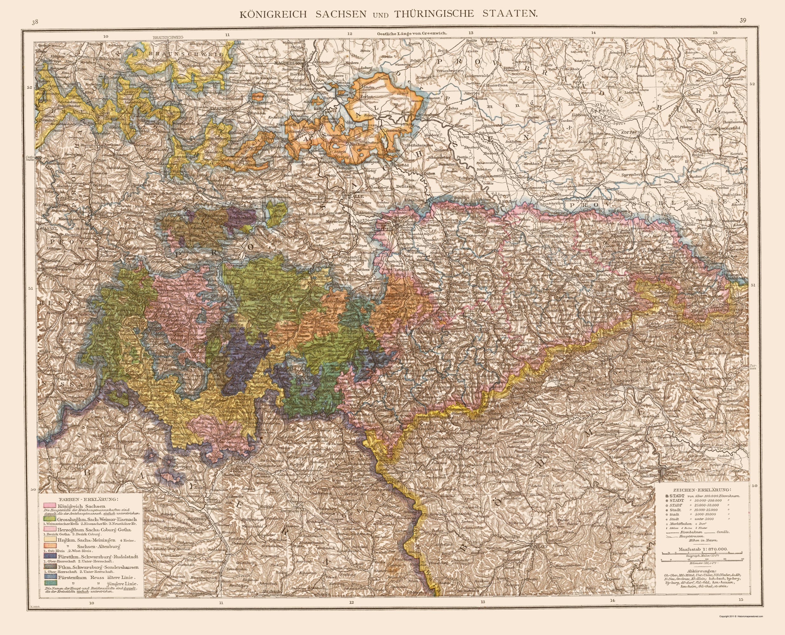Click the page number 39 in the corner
click(x=743, y=21)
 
